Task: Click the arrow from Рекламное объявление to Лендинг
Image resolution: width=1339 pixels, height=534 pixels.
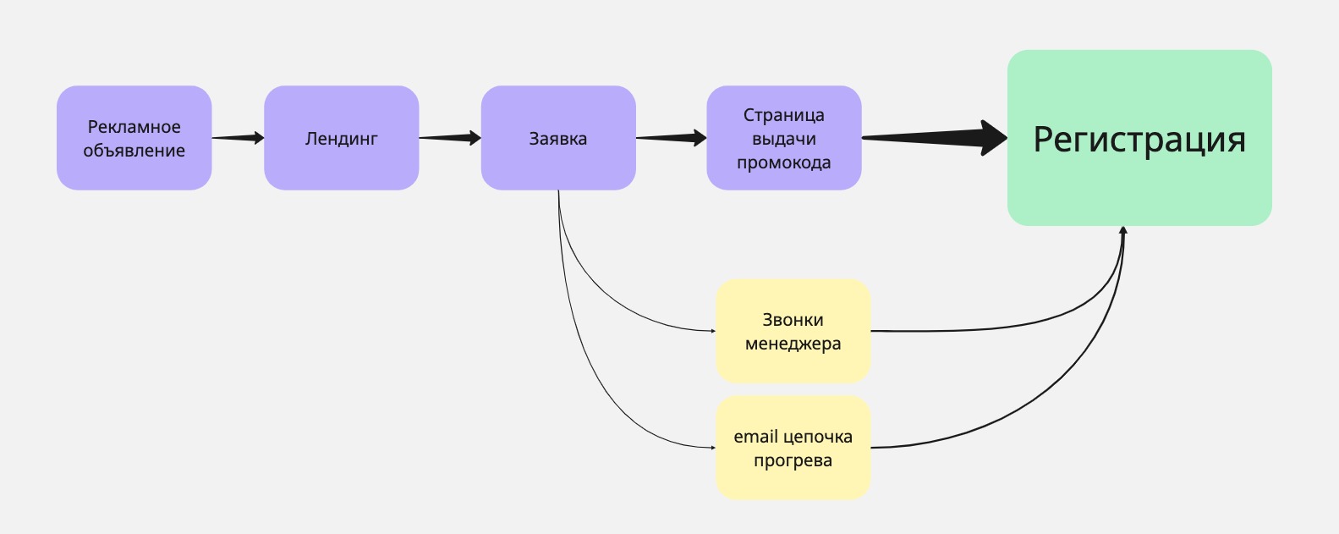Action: (x=238, y=138)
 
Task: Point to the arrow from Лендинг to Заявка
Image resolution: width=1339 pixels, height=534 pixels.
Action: (x=450, y=138)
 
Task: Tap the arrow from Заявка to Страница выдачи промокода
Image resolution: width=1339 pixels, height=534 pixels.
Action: (x=671, y=138)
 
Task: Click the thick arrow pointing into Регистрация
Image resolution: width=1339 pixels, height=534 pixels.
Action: (x=935, y=137)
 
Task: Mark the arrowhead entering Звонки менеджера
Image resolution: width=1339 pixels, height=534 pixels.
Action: (x=712, y=331)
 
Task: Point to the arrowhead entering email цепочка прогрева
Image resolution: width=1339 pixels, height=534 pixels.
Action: (x=712, y=448)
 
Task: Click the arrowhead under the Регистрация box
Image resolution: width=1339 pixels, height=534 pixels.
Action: (x=1123, y=230)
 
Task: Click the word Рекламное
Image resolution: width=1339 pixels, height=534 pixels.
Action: (x=134, y=127)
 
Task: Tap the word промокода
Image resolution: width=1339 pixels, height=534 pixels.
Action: (x=783, y=162)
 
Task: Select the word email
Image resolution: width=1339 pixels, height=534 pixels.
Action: (x=755, y=437)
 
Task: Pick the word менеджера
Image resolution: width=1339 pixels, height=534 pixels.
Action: (x=793, y=344)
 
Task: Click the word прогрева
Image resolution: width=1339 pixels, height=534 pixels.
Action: (x=793, y=460)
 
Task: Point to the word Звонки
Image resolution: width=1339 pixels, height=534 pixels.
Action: (x=793, y=320)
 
